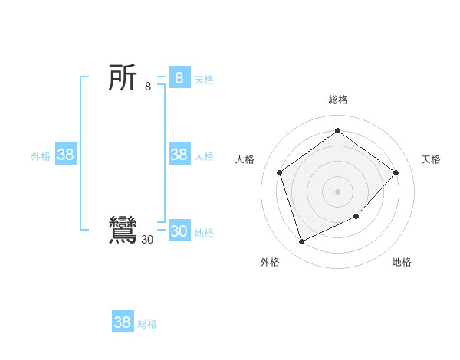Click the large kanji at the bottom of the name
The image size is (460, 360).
[123, 231]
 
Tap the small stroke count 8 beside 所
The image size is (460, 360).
[148, 87]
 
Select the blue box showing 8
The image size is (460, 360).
[179, 78]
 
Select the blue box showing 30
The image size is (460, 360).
[179, 231]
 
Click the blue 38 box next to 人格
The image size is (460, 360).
[179, 155]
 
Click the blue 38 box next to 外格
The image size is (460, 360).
[66, 155]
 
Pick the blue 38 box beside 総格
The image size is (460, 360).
[123, 322]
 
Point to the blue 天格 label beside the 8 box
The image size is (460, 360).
[204, 79]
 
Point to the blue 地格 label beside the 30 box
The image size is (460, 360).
[204, 233]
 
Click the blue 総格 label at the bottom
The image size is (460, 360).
[147, 324]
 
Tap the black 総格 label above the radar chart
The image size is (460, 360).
[338, 100]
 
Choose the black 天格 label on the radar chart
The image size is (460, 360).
[431, 159]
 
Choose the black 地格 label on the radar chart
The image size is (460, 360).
[402, 262]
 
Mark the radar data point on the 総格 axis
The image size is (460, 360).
[337, 131]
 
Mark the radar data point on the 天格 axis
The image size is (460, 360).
[396, 172]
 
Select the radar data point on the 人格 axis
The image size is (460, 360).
[280, 172]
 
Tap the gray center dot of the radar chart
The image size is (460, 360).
[337, 191]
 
